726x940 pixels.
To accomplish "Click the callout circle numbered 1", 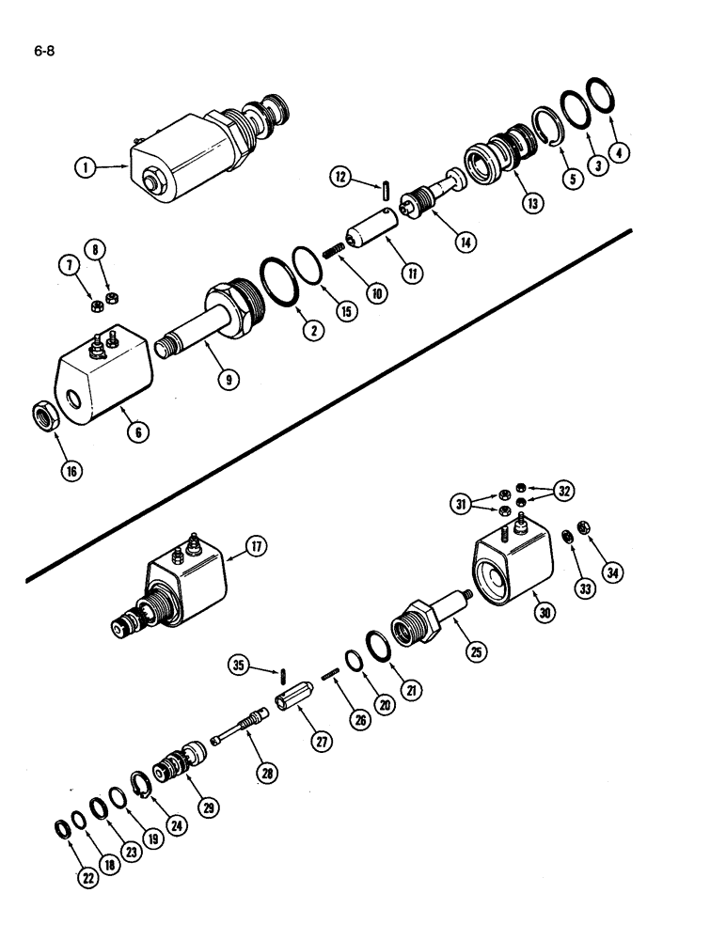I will [85, 168].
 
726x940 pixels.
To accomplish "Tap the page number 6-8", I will [44, 53].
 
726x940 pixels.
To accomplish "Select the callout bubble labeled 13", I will [534, 201].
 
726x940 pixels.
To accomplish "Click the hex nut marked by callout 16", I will [46, 415].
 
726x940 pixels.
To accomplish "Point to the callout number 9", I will [227, 380].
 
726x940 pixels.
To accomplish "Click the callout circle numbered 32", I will [564, 490].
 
